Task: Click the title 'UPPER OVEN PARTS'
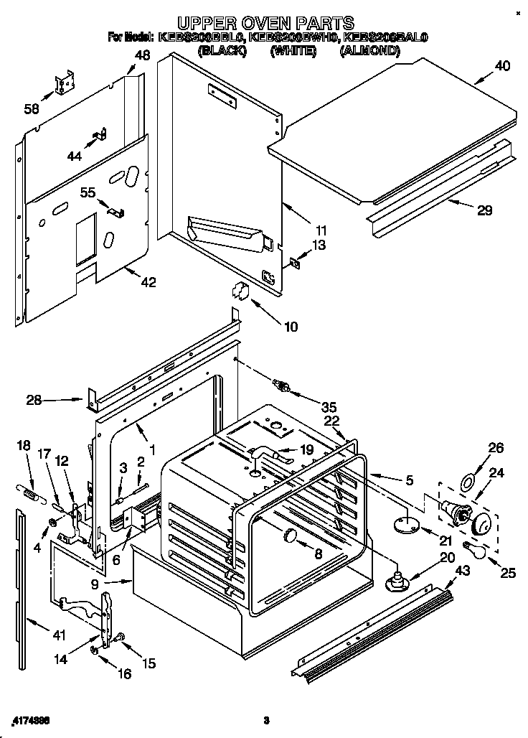pos(265,24)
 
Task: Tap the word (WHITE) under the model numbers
pos(293,51)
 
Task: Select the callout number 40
pos(502,66)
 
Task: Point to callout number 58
pos(32,108)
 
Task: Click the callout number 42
pos(148,282)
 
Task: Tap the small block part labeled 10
pos(240,291)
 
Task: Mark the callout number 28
pos(34,400)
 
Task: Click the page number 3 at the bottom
pos(265,720)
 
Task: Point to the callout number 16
pos(125,674)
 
